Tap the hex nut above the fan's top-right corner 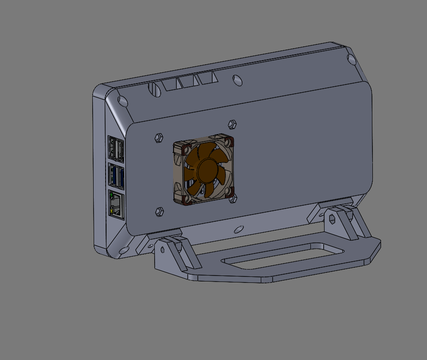point(232,124)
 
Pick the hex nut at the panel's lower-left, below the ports point(159,211)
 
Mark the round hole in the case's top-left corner point(123,101)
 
